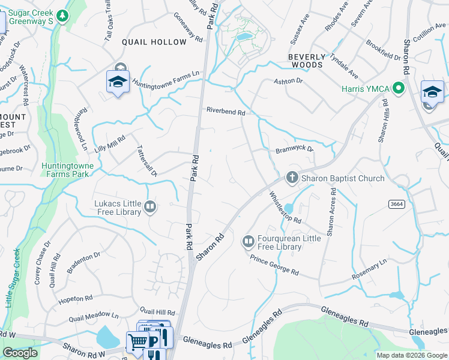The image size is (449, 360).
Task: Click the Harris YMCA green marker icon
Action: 397,89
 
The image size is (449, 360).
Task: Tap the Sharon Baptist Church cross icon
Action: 292,178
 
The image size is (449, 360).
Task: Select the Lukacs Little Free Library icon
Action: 150,208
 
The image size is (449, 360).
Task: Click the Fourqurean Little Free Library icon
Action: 248,242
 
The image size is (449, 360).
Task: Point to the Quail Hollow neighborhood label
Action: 154,42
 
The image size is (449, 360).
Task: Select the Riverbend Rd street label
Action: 226,112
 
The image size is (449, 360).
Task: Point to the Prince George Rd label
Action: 274,265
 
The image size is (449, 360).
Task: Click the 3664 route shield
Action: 396,204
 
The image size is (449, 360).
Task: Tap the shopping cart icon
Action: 138,342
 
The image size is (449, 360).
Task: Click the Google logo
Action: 20,353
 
